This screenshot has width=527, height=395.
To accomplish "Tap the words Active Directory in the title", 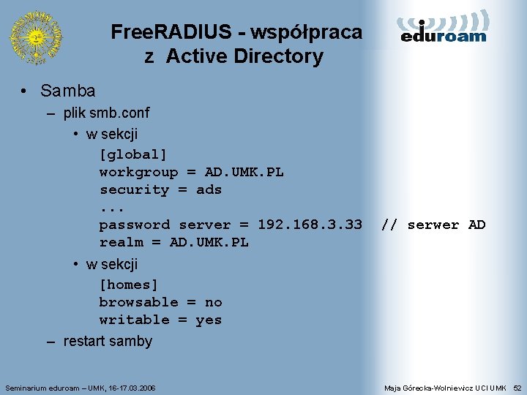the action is (x=244, y=56).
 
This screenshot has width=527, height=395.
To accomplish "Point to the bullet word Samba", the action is (x=68, y=91).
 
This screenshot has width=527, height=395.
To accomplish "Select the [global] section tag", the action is (x=133, y=154).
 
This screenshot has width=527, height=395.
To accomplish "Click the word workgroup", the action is (x=138, y=172).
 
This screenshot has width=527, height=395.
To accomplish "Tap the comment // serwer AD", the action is (x=433, y=225).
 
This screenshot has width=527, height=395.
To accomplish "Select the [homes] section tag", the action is (x=129, y=285).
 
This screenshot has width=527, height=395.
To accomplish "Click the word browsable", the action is (x=138, y=302).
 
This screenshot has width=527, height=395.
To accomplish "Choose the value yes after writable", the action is (x=209, y=320).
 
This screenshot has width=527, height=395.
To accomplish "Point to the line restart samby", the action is (x=108, y=341).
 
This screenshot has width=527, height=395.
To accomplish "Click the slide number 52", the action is (x=517, y=387).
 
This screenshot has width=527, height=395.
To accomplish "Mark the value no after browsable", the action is (x=213, y=302).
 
